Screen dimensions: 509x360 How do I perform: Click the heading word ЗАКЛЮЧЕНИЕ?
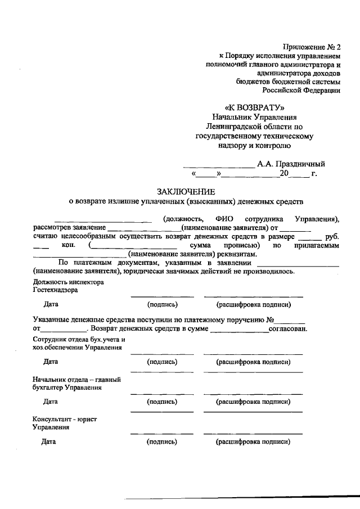pos(179,192)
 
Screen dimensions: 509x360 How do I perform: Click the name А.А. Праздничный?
pos(291,164)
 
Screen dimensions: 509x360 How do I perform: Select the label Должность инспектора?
pos(68,282)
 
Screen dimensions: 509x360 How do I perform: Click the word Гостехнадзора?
pos(55,290)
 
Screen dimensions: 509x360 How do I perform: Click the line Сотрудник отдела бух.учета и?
pos(78,339)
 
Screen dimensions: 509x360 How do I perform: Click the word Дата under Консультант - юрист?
pos(50,442)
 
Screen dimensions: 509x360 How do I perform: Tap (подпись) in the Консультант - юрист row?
pos(162,442)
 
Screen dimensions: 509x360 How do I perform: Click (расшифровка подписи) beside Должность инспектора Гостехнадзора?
pos(253,305)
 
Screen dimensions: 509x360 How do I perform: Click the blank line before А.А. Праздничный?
pos(218,165)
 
